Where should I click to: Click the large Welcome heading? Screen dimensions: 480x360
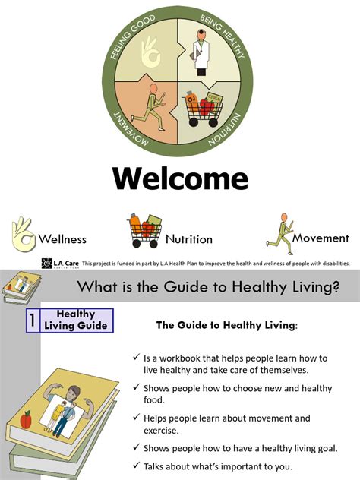tap(180, 178)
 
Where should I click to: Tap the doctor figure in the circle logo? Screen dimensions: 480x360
tap(201, 52)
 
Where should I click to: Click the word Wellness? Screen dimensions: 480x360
tap(62, 239)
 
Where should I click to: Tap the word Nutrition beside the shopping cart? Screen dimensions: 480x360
tap(189, 239)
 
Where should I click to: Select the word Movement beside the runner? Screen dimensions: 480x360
tap(321, 238)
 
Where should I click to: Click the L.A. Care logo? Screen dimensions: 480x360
tap(59, 264)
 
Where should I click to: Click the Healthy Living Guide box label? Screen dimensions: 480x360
tap(76, 320)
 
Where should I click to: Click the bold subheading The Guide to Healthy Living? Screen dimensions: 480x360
tap(226, 326)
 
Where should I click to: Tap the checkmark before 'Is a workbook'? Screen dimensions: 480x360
tap(136, 358)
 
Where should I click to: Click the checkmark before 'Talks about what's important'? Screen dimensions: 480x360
tap(136, 466)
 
